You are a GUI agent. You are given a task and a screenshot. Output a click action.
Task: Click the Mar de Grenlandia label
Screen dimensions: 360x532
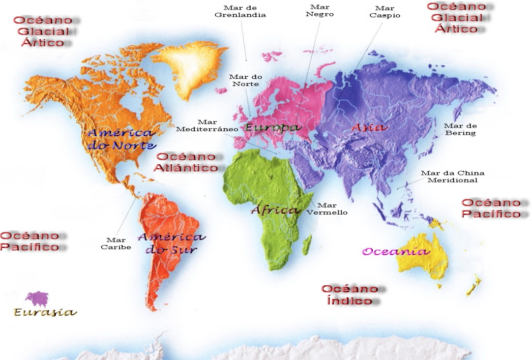click(x=241, y=11)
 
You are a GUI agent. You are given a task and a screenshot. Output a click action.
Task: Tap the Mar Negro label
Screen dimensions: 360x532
click(x=319, y=11)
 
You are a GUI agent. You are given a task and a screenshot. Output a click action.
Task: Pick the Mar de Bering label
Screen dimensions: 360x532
click(x=460, y=129)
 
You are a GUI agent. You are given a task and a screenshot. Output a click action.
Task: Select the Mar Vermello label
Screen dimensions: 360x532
click(x=327, y=208)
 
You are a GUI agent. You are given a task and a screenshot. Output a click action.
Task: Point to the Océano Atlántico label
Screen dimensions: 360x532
click(x=187, y=162)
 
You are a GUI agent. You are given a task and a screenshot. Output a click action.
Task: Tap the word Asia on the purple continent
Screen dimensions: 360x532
click(x=369, y=127)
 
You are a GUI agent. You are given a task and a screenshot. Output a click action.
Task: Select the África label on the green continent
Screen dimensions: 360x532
click(x=274, y=210)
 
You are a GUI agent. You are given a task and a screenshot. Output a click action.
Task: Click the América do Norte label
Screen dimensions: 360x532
click(x=122, y=139)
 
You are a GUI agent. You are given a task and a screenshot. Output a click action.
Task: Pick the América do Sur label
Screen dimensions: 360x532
click(x=171, y=243)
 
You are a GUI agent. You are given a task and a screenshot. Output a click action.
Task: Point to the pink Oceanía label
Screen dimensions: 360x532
click(x=395, y=251)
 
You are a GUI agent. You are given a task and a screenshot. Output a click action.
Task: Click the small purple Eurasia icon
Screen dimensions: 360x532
click(x=37, y=298)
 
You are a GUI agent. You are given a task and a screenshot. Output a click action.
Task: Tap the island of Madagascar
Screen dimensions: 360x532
click(x=307, y=245)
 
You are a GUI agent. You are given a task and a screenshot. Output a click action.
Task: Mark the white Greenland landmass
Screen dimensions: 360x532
click(x=188, y=69)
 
